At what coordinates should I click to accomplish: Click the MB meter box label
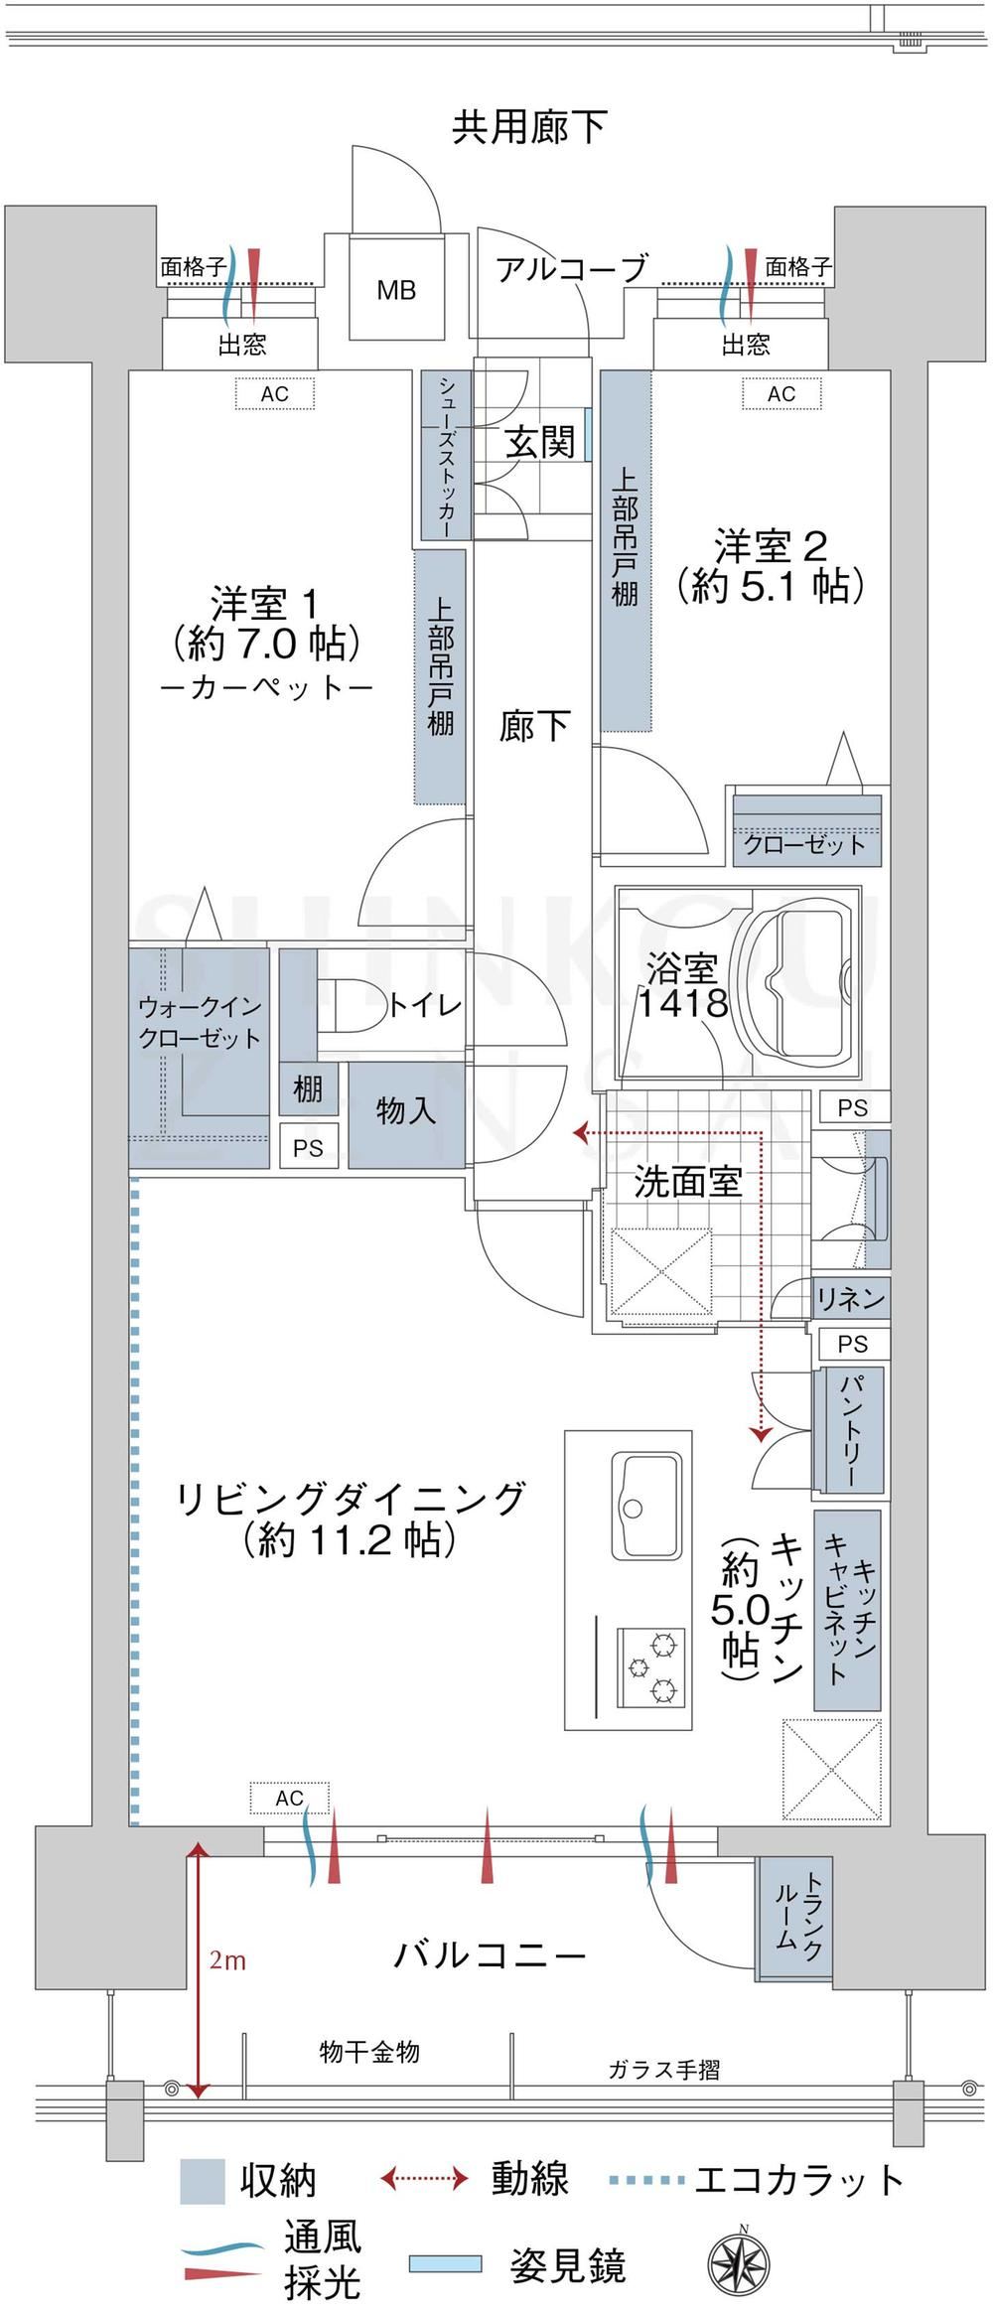[396, 290]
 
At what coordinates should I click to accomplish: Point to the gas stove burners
[652, 1666]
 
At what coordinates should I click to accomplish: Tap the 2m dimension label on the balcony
[227, 1960]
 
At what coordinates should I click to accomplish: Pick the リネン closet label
[850, 1298]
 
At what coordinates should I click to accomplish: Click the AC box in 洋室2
[781, 394]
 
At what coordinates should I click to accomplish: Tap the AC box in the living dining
[290, 1799]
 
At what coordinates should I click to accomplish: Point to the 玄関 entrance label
[541, 442]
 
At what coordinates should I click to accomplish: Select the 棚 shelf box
[308, 1090]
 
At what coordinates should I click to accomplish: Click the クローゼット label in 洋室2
[805, 845]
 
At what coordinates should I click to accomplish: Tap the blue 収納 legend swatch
[203, 2181]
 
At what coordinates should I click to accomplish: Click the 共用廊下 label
[529, 126]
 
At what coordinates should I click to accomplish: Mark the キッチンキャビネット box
[847, 1611]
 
